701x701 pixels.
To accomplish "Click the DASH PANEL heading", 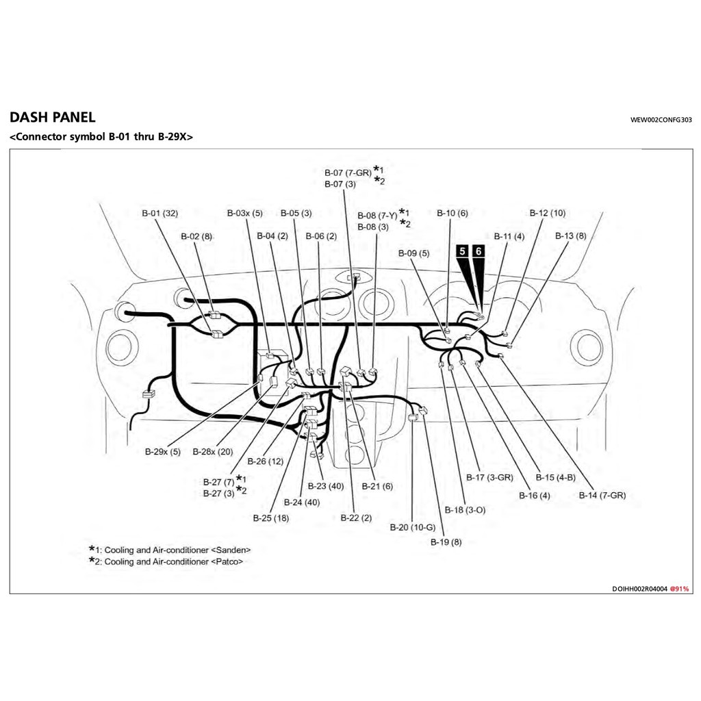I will (53, 118).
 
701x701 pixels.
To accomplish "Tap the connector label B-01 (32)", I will (160, 214).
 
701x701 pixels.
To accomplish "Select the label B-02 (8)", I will (196, 236).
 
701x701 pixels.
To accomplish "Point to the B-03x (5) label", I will (244, 214).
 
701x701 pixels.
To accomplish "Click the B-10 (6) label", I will (453, 214).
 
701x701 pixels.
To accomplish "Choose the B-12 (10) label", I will (548, 214).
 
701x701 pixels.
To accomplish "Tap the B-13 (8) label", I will (570, 236).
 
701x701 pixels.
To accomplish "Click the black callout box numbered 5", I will (463, 252).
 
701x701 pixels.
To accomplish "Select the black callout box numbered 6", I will (479, 252).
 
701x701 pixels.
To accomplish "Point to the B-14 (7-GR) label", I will (602, 495).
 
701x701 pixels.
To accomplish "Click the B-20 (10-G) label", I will (413, 527).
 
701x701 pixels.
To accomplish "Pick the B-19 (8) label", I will (446, 542).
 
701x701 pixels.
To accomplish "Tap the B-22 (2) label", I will (356, 518).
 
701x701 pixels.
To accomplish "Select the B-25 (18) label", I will (270, 518).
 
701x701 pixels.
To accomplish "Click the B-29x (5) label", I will (163, 452).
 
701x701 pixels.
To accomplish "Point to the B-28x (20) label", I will (213, 452).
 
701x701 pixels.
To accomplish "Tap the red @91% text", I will (679, 589).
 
